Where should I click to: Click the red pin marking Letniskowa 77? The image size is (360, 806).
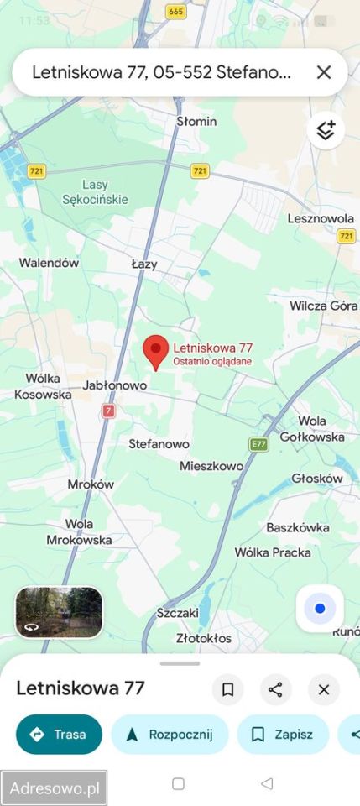pos(154,350)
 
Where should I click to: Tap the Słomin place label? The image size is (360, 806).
pos(196,122)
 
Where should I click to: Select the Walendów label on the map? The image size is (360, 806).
pos(49,263)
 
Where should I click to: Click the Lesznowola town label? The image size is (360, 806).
pos(321,218)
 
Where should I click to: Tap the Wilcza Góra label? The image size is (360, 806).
pos(323,306)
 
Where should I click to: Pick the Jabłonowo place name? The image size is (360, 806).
pos(115,385)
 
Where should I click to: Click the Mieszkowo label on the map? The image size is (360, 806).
pos(211,466)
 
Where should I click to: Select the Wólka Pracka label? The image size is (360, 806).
pos(273,552)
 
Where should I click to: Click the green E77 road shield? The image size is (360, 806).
pos(258,443)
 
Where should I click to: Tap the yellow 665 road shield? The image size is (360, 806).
pos(175,11)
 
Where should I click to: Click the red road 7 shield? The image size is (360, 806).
pos(108,411)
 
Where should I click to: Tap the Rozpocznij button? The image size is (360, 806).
pos(170,735)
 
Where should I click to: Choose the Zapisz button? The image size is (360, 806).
pos(283,735)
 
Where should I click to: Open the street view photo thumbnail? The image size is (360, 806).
pos(59,611)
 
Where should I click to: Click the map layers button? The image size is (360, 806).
pos(325,130)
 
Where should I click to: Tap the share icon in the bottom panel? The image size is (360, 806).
pos(275,690)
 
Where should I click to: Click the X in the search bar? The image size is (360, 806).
pos(324,72)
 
